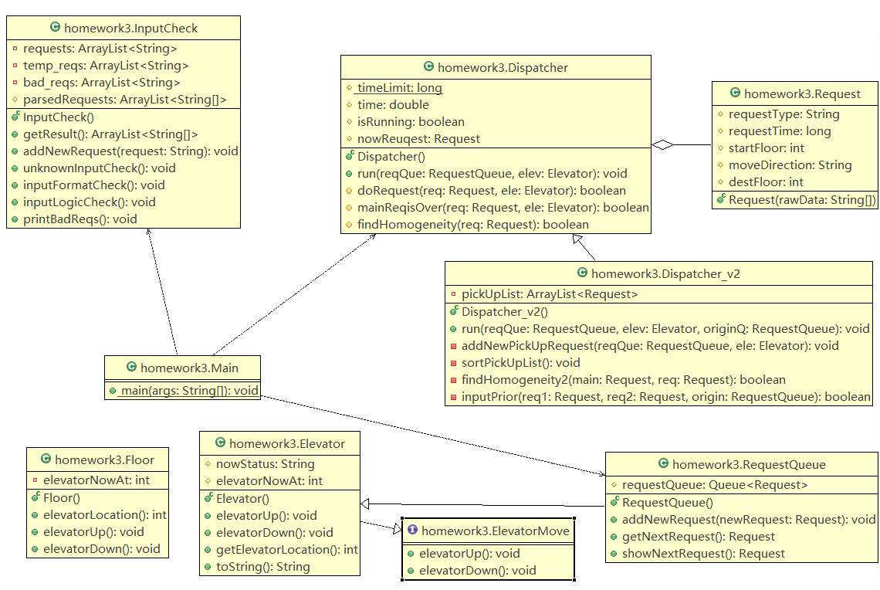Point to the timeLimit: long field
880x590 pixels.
click(399, 88)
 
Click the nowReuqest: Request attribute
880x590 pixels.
click(418, 139)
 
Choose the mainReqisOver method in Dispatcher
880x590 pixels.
click(503, 207)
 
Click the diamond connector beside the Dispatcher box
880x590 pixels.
click(662, 144)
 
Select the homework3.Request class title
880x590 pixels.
click(802, 94)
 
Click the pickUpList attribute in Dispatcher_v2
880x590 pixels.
click(550, 294)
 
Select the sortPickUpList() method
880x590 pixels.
click(520, 362)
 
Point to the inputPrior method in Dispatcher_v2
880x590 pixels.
click(666, 396)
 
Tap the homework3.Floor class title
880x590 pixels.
click(104, 460)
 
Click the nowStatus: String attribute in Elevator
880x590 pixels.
click(265, 464)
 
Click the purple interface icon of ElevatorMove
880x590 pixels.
click(412, 531)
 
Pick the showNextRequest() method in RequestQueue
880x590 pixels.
click(703, 553)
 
